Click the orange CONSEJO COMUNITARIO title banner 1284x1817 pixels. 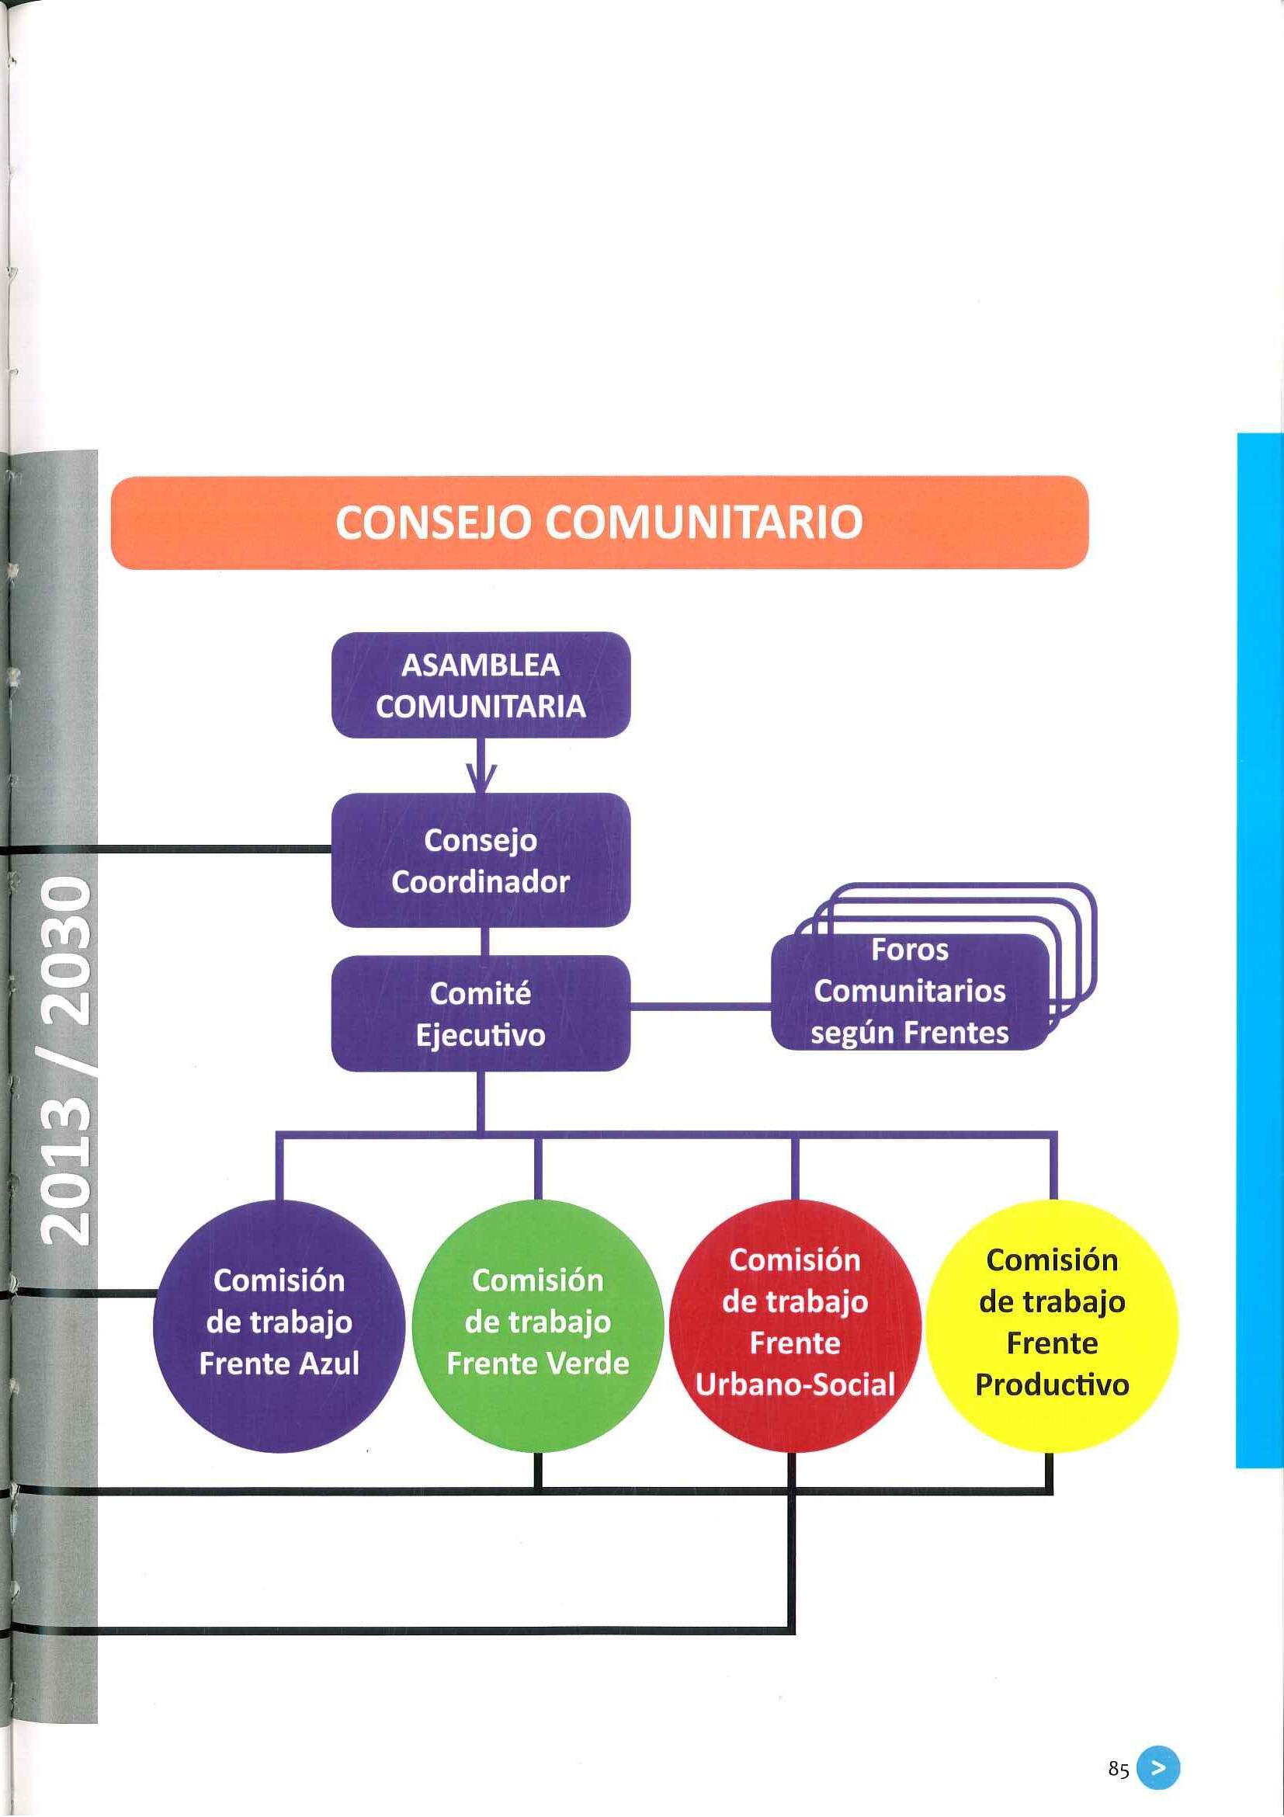599,523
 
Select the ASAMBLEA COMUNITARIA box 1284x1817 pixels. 481,686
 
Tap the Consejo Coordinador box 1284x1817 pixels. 481,860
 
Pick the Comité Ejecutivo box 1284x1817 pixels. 481,1014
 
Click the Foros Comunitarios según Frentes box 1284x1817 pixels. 909,992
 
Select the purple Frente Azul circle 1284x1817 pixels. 279,1325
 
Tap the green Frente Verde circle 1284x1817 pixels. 537,1325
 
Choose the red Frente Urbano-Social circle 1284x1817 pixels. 794,1325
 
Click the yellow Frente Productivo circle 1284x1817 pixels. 1051,1325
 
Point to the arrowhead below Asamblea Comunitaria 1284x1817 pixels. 481,779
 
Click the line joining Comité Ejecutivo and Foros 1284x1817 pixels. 700,1006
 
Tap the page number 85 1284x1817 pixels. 1118,1770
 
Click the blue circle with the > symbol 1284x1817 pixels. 1157,1769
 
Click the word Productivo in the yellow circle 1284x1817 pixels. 1051,1385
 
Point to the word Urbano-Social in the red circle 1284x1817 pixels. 794,1385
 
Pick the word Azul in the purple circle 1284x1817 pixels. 329,1364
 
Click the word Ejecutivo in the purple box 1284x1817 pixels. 481,1035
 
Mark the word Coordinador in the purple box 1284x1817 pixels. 481,881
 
